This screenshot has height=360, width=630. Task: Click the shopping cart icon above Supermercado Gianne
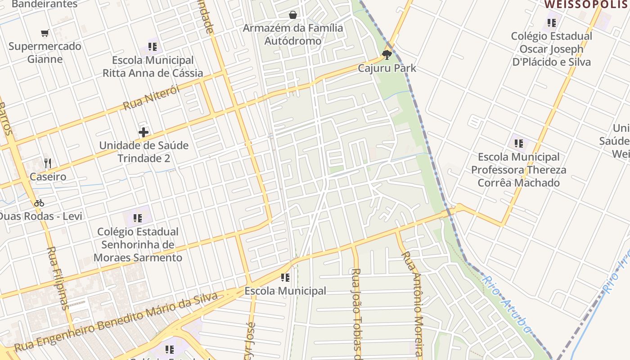click(45, 33)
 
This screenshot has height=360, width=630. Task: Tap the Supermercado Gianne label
click(45, 53)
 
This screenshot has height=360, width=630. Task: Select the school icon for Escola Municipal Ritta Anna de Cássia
click(152, 47)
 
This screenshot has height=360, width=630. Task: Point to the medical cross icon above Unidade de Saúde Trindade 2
click(144, 132)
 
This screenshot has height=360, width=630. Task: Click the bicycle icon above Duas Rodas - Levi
click(39, 203)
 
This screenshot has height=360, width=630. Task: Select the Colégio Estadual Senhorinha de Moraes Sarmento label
click(138, 245)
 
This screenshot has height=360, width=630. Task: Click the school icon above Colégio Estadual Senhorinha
click(138, 219)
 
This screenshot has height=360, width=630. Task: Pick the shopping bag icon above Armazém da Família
click(293, 15)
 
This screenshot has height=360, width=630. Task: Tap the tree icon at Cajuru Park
click(387, 55)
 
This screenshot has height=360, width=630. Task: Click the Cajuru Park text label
click(387, 68)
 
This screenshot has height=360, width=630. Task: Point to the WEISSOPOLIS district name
click(586, 5)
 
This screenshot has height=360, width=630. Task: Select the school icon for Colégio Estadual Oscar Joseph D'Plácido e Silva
click(552, 22)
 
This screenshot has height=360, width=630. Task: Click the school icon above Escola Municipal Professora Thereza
click(519, 144)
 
